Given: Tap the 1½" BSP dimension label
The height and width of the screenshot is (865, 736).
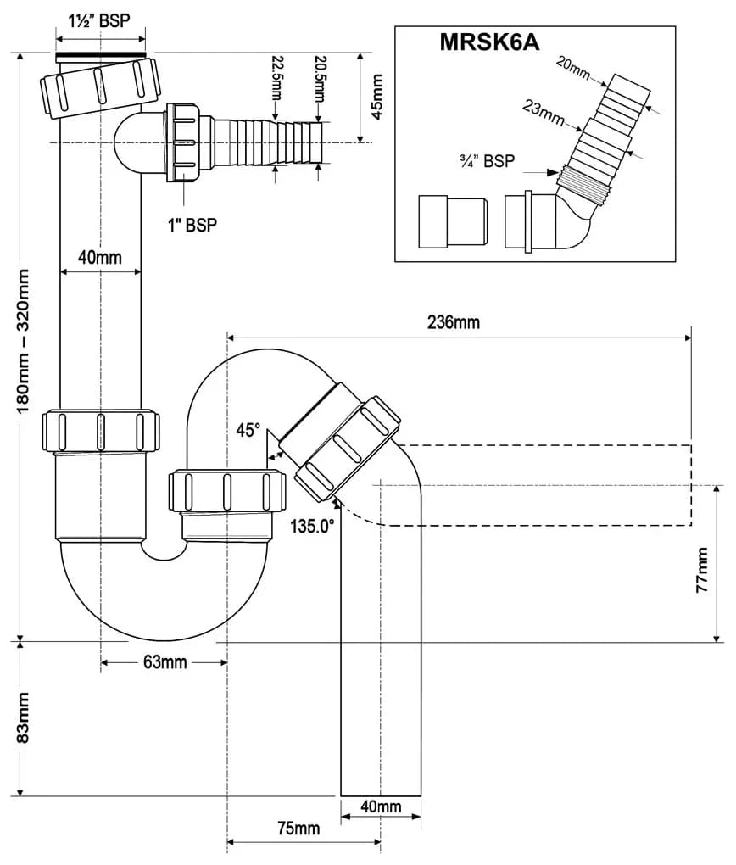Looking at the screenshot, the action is coord(99,21).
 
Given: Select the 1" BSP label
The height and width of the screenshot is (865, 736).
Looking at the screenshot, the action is coord(192,225).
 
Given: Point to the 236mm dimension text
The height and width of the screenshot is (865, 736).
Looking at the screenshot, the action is coord(454,322).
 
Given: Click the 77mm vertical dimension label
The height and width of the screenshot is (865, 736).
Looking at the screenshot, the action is coord(702,571).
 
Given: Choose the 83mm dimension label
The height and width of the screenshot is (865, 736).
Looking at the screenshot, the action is coord(23,718).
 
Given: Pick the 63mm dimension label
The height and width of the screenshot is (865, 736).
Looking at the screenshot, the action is coord(165,662).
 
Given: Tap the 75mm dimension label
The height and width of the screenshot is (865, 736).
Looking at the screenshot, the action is coord(298,829).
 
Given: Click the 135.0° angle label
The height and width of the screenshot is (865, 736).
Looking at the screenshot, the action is coord(312,527).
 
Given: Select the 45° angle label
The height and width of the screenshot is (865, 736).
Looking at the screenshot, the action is coord(248,430).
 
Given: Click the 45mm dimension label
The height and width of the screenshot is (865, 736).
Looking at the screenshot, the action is coord(377,98).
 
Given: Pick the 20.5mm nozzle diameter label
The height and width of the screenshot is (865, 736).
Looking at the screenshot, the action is coord(319,78).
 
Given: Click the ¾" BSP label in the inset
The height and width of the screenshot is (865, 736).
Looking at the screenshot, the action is coord(487,161).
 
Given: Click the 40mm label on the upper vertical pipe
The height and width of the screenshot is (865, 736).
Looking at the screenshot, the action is coord(100,257).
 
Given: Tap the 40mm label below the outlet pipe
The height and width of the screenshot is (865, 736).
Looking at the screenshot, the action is coord(381,806).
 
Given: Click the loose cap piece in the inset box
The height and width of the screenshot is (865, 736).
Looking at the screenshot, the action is coord(453,221).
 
